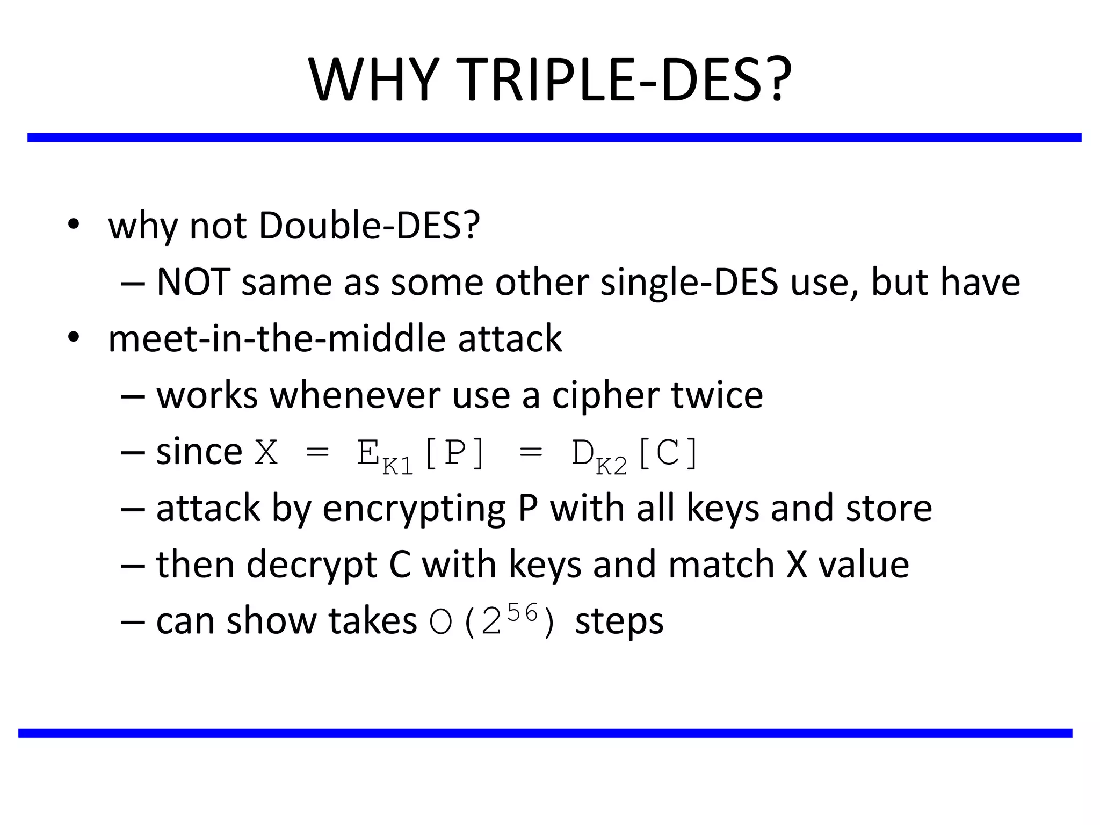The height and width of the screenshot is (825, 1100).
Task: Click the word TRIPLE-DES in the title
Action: [x=626, y=81]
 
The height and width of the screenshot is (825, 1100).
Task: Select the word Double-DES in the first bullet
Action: [x=369, y=226]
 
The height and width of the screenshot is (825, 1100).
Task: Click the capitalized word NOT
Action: [x=193, y=283]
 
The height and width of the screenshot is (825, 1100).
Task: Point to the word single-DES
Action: [x=689, y=283]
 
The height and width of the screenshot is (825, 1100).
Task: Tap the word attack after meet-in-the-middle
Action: [x=510, y=339]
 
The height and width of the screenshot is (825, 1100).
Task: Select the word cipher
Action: [x=606, y=396]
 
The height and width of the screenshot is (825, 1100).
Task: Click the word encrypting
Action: [x=414, y=509]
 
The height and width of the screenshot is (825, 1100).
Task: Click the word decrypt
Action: [x=312, y=566]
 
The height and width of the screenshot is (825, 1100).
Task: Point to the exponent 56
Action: [x=522, y=612]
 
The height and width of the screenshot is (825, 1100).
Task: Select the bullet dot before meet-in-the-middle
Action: [x=74, y=338]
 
